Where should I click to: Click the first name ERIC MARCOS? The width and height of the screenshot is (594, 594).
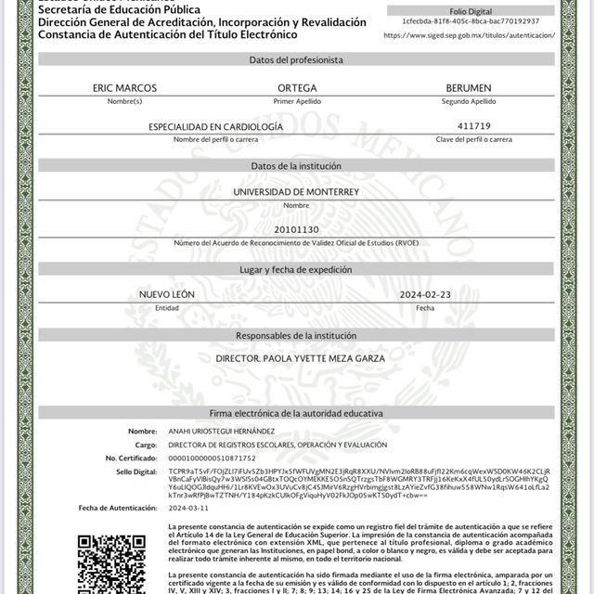click(x=124, y=87)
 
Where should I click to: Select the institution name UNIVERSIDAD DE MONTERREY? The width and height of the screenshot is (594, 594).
click(x=296, y=192)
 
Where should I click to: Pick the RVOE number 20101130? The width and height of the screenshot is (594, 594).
click(x=297, y=229)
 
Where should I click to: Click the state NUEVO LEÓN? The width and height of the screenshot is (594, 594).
click(x=168, y=294)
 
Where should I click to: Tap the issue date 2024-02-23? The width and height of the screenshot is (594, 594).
click(x=425, y=294)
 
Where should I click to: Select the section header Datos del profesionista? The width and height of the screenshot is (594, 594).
click(x=297, y=59)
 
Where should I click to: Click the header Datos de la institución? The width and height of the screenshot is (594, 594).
click(x=297, y=165)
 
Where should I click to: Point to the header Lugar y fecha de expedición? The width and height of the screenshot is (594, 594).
click(x=297, y=269)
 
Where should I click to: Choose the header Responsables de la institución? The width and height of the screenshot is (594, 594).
click(x=297, y=334)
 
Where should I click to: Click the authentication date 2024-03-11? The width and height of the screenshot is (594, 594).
click(x=188, y=508)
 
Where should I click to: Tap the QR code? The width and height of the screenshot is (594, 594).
click(x=111, y=562)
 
